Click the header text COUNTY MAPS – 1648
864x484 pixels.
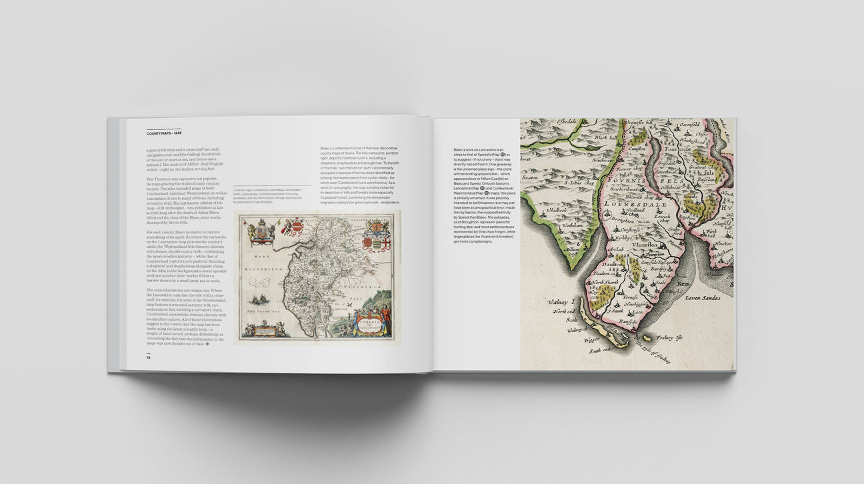tap(163, 133)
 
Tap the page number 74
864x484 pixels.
tap(149, 357)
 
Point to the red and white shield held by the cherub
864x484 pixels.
tap(291, 229)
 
